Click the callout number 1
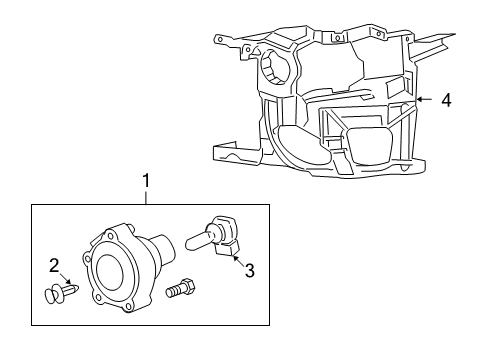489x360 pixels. pyautogui.click(x=147, y=180)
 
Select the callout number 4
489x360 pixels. pyautogui.click(x=447, y=99)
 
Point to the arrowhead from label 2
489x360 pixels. pyautogui.click(x=67, y=285)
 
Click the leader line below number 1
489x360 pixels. pyautogui.click(x=147, y=195)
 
